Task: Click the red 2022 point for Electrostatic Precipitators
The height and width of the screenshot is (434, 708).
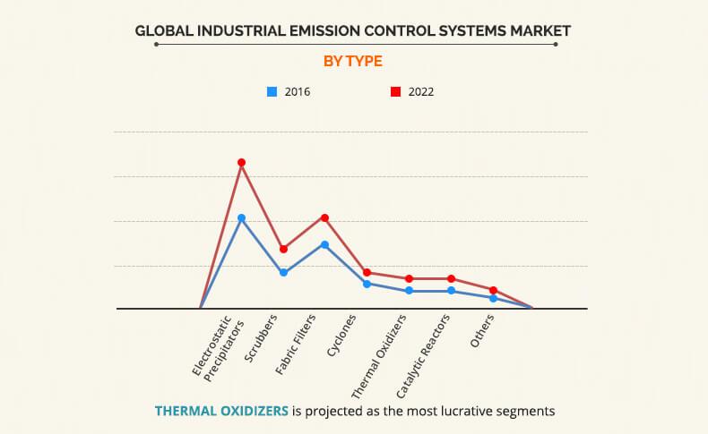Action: pos(241,163)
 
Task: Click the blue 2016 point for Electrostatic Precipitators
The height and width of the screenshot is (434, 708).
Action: pos(241,217)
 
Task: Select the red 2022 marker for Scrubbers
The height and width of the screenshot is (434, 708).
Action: pos(283,249)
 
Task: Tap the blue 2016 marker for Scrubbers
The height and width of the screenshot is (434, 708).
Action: pos(283,272)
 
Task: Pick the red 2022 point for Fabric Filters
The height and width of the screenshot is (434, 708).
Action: pos(324,217)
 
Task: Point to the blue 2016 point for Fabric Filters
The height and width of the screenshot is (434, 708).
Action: pos(324,244)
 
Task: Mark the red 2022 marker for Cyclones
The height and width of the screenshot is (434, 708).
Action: pos(367,272)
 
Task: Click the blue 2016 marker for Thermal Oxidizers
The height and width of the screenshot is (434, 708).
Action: pos(409,291)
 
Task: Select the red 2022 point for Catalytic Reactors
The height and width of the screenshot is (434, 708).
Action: pos(451,278)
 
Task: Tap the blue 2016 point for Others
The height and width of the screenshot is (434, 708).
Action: pos(493,298)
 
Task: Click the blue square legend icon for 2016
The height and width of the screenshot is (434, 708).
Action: pos(272,91)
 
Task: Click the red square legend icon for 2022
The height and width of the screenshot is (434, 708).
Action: pos(394,91)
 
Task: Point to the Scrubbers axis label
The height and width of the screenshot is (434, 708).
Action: pos(263,336)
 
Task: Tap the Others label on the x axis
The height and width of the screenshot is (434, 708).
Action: pos(482,330)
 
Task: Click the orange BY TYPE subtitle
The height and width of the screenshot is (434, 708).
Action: pos(353,61)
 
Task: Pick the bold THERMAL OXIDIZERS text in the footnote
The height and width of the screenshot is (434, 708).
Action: pos(222,412)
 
